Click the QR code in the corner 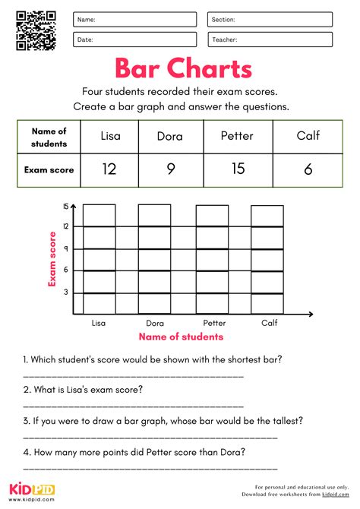point(36,30)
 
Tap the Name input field point(135,20)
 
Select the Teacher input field point(270,40)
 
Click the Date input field point(135,40)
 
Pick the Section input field point(270,20)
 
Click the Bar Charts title point(183,69)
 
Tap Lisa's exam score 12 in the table point(109,169)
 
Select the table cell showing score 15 point(238,169)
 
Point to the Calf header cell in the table point(308,136)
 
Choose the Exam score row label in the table point(49,170)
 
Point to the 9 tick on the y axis point(65,248)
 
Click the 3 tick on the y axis point(65,292)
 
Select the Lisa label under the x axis point(99,322)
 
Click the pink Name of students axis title point(180,337)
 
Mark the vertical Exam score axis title point(53,259)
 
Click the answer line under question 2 point(134,406)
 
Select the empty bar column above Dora point(154,258)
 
